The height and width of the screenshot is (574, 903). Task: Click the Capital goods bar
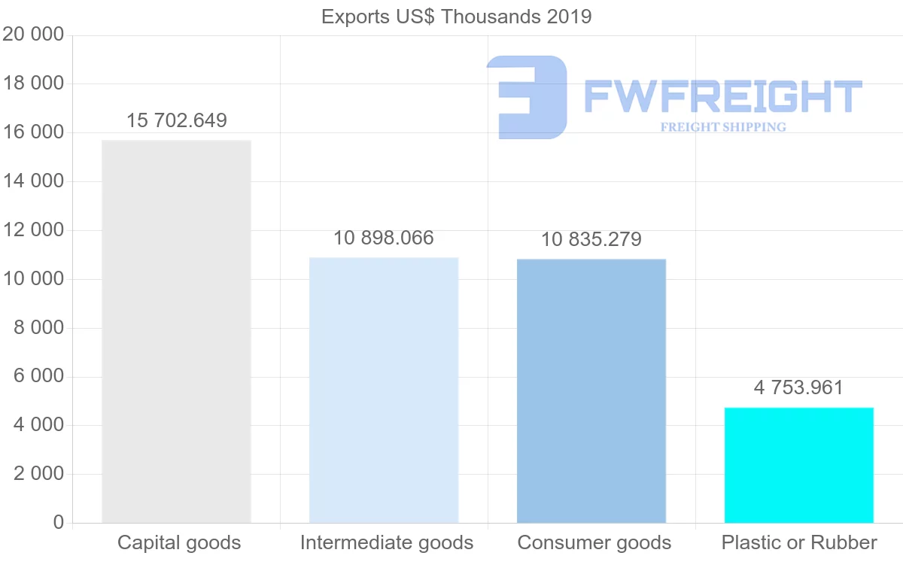click(x=176, y=331)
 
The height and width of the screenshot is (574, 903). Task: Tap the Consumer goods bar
click(x=591, y=390)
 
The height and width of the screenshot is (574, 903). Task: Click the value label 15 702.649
click(x=176, y=120)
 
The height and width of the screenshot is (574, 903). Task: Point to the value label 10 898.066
click(x=384, y=238)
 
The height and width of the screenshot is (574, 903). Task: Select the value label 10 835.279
click(x=591, y=240)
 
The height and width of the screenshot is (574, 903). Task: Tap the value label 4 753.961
click(x=798, y=388)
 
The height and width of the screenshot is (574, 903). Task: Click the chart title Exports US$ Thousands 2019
click(x=456, y=17)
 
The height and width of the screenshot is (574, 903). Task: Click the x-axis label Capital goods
click(x=179, y=542)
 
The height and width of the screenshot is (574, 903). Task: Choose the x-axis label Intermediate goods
click(x=387, y=542)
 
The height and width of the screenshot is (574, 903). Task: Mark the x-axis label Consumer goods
click(x=594, y=542)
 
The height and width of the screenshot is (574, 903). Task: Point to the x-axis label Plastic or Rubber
click(x=799, y=542)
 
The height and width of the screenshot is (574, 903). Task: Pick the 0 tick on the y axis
click(x=59, y=523)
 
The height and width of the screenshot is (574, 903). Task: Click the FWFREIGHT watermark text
click(x=722, y=96)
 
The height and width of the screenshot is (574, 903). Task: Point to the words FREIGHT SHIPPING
click(x=723, y=127)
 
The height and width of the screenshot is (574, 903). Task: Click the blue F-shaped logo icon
click(x=527, y=96)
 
